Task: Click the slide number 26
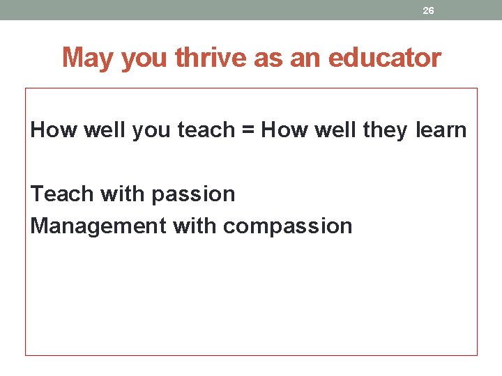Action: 429,10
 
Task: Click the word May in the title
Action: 89,58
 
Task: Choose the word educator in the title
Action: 384,58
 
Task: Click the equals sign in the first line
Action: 248,130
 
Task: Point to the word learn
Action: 441,130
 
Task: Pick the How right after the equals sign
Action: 283,130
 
